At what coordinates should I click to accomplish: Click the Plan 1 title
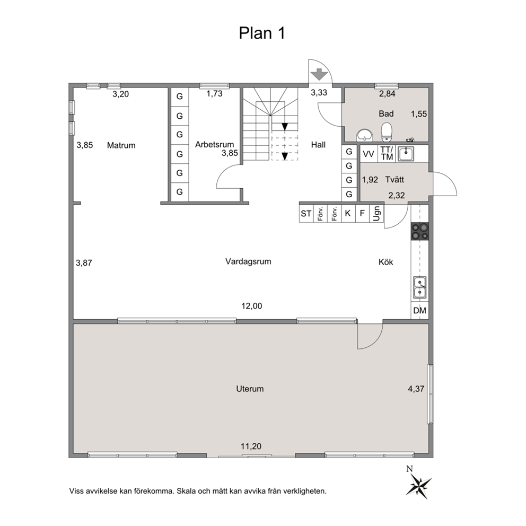point(262,33)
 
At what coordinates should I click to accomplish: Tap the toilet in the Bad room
point(387,131)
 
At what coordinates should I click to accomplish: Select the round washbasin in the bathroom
point(364,136)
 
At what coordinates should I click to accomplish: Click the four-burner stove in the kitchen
point(420,231)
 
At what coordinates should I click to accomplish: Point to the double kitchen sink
point(419,287)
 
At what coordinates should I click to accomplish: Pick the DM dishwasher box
point(419,311)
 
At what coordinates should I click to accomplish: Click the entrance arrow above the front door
point(319,74)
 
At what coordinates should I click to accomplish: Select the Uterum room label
point(250,389)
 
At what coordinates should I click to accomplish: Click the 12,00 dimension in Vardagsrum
point(251,306)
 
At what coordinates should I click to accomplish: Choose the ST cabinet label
point(306,213)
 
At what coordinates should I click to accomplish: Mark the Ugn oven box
point(376,213)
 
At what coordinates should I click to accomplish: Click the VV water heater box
point(369,154)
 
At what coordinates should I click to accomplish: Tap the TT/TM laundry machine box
point(387,153)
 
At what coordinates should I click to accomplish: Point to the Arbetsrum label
point(214,145)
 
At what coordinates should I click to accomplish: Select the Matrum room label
point(121,145)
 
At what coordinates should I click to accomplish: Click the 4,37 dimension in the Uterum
point(416,389)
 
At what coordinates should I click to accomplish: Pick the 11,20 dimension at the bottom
point(251,446)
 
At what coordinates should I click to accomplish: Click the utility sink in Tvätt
point(406,154)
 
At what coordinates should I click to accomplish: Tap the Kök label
point(386,261)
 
